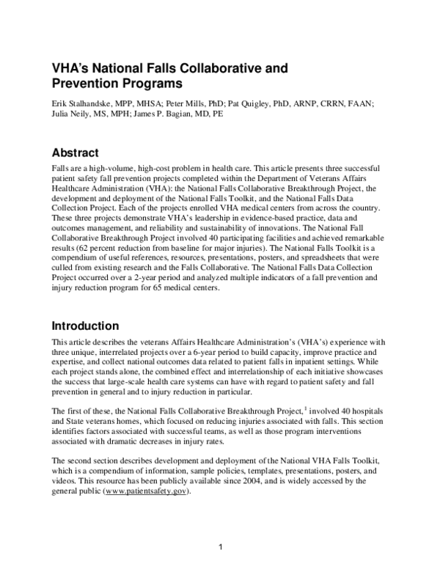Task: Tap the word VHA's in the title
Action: click(70, 69)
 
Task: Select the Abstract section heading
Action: click(76, 153)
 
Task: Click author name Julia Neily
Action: click(72, 114)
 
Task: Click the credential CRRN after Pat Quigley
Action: click(326, 104)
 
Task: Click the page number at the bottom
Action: click(220, 548)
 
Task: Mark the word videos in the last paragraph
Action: click(65, 482)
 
